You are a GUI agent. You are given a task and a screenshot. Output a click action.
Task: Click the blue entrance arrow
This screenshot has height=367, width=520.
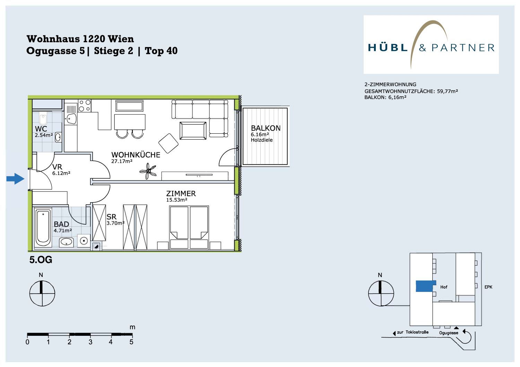pos(15,179)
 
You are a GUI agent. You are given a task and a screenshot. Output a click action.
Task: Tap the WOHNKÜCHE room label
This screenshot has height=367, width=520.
pos(136,155)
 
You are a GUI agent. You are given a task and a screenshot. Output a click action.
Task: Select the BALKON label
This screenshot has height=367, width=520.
pos(266,128)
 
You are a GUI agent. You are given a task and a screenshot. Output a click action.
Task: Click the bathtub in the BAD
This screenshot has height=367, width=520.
pos(43,228)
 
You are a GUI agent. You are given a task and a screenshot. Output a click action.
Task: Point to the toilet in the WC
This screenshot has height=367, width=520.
pos(43,119)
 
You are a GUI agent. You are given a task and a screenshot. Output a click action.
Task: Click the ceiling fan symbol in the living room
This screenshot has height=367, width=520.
pos(148,171)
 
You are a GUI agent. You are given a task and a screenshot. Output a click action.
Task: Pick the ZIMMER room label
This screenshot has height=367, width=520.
pos(181,194)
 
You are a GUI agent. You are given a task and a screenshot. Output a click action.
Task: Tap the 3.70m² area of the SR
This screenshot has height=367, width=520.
pos(115,223)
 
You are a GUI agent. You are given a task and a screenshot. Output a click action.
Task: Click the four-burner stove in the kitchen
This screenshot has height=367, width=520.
pos(85,106)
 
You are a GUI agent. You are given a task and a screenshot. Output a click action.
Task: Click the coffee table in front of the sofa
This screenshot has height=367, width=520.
pos(193,131)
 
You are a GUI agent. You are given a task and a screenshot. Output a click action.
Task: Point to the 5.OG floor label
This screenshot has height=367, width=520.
pos(41,260)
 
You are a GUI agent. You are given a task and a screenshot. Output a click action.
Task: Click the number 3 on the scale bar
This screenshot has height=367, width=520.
pos(90,342)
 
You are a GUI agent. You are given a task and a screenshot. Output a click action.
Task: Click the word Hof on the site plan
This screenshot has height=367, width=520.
pos(444,287)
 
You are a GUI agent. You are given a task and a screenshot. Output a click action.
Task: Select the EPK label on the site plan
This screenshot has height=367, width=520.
pos(488,287)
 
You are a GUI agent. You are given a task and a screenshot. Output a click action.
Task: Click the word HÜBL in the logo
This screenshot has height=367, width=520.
pos(388,47)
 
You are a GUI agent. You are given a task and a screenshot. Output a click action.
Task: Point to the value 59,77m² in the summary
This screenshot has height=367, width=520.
pos(447,91)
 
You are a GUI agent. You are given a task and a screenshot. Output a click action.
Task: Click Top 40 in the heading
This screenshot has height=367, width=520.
pos(161,51)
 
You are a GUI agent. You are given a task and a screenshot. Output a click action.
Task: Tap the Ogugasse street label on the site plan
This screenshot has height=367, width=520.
pos(449,333)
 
